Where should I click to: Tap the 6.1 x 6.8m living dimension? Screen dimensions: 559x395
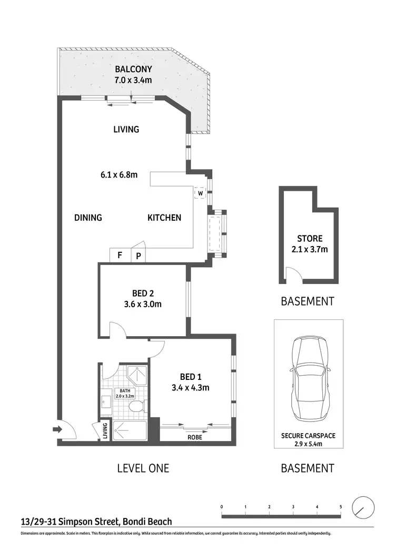point(120,175)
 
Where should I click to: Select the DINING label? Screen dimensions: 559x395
point(88,218)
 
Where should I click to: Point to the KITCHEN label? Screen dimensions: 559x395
point(164,218)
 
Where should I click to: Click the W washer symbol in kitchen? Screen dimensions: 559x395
point(200,193)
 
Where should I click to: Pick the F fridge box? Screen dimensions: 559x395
point(120,256)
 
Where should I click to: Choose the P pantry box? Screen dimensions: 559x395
point(139,256)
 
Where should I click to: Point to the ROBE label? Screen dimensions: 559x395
point(195,437)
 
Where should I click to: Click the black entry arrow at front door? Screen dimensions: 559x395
point(56,430)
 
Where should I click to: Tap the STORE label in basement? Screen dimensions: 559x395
point(309,239)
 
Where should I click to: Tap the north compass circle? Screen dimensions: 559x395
point(363,507)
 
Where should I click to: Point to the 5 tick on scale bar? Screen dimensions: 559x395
point(341,507)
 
